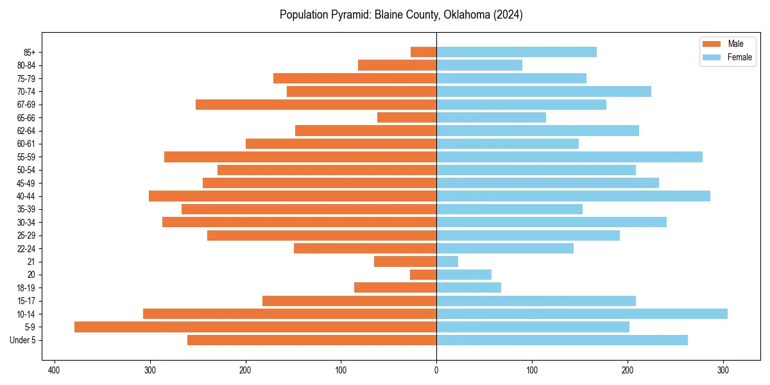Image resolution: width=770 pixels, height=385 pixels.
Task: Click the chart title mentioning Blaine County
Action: [401, 15]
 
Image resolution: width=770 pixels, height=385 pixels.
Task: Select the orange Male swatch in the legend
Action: [712, 44]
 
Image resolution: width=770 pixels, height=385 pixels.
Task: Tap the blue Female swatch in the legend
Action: [712, 57]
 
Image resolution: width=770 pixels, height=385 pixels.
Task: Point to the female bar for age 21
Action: [447, 262]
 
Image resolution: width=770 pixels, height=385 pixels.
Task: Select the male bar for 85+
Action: [424, 52]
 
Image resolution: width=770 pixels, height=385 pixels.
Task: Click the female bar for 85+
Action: [517, 52]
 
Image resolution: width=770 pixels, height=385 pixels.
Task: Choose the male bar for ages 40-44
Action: [293, 196]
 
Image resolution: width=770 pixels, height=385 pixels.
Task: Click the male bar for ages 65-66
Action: [407, 117]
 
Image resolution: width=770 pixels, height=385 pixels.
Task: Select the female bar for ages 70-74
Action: [543, 92]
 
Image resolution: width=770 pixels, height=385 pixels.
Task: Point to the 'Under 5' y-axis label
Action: [27, 340]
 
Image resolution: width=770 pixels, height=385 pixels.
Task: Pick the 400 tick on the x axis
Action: [54, 370]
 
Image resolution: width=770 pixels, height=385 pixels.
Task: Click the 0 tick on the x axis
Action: [436, 370]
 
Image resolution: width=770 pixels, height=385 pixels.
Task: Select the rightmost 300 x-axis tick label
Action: [723, 370]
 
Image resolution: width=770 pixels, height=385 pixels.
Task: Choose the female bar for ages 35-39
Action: [509, 209]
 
